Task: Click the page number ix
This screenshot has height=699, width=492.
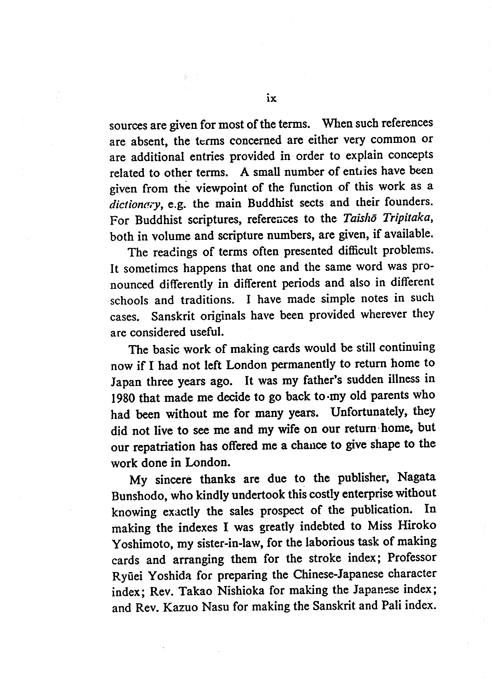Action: tap(271, 99)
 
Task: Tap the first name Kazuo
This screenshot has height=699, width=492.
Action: tap(181, 608)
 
